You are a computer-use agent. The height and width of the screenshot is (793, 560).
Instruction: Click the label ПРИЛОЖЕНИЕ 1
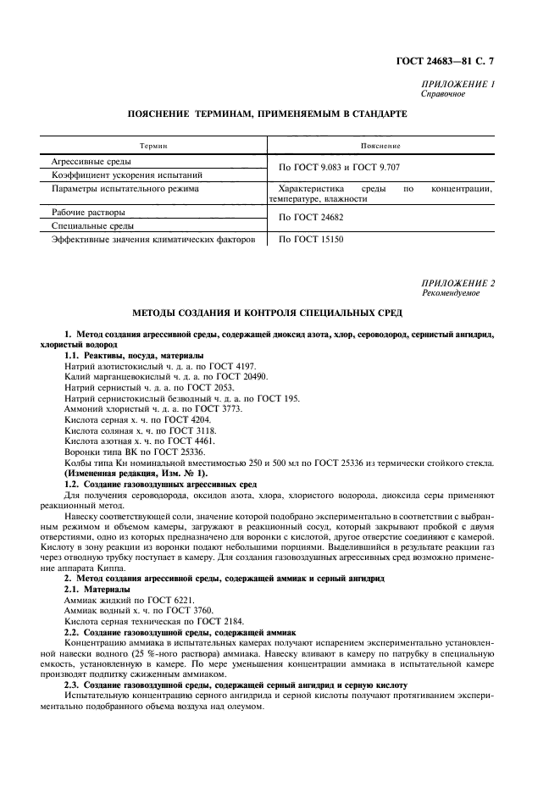457,85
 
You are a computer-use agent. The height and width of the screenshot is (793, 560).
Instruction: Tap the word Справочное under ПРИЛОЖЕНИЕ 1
442,94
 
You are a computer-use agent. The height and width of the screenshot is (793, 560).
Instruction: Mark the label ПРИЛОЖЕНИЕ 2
457,282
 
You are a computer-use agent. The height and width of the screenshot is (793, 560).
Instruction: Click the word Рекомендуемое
450,292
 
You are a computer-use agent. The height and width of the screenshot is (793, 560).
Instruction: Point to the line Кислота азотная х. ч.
139,441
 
